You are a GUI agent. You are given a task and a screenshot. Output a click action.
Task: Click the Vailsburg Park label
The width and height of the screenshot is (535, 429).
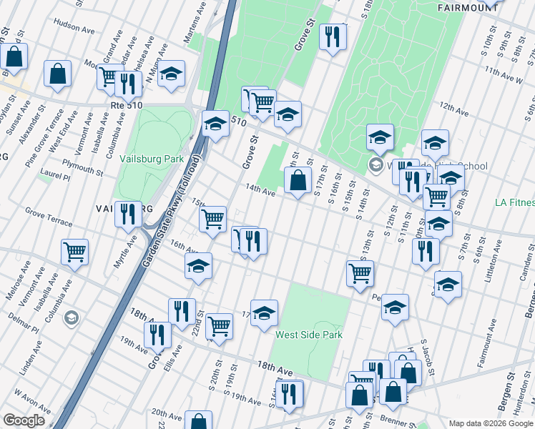(152, 159)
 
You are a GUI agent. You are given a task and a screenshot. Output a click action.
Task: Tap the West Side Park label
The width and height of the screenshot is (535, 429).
(309, 335)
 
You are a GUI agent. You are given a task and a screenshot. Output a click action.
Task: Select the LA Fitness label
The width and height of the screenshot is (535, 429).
(514, 203)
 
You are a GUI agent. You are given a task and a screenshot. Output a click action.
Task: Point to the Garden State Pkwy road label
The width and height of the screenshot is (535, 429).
(170, 219)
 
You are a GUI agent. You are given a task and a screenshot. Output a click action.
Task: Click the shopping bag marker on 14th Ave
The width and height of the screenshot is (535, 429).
(298, 182)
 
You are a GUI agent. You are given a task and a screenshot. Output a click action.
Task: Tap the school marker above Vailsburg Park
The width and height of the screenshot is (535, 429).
(171, 74)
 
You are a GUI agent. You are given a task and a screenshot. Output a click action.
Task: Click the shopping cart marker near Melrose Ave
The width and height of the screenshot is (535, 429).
(74, 252)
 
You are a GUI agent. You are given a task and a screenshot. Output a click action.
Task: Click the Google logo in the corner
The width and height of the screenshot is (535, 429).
(24, 420)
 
